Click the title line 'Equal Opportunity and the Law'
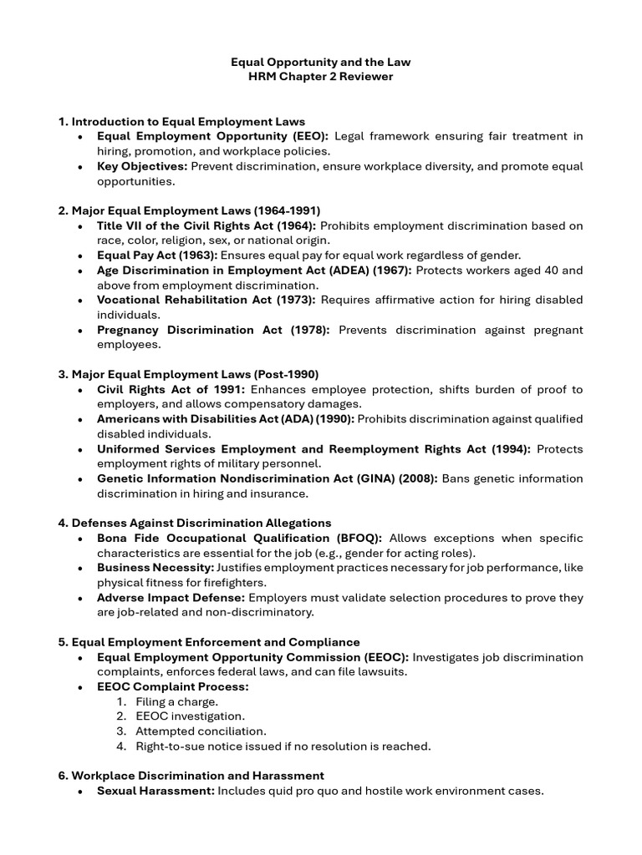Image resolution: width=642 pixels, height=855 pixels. [321, 62]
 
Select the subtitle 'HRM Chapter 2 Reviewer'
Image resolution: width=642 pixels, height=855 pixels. [321, 77]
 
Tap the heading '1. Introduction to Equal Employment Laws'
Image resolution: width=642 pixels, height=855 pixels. [181, 121]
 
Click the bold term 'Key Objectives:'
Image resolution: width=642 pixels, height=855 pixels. [142, 166]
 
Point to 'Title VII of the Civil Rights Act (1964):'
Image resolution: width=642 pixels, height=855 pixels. [206, 225]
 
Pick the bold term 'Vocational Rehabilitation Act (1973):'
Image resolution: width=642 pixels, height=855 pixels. [206, 300]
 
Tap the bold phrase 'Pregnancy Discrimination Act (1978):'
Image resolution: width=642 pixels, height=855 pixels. [213, 330]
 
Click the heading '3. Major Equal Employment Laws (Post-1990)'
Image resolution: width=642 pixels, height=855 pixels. [188, 374]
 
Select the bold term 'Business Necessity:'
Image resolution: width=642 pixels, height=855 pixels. [155, 568]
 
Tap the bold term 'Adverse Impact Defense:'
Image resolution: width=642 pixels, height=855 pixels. [171, 598]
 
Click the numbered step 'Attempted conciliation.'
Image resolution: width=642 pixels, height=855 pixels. [194, 731]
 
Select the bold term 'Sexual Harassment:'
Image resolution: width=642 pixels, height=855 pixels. [155, 791]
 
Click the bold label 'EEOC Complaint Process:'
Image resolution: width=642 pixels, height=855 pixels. [172, 686]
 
